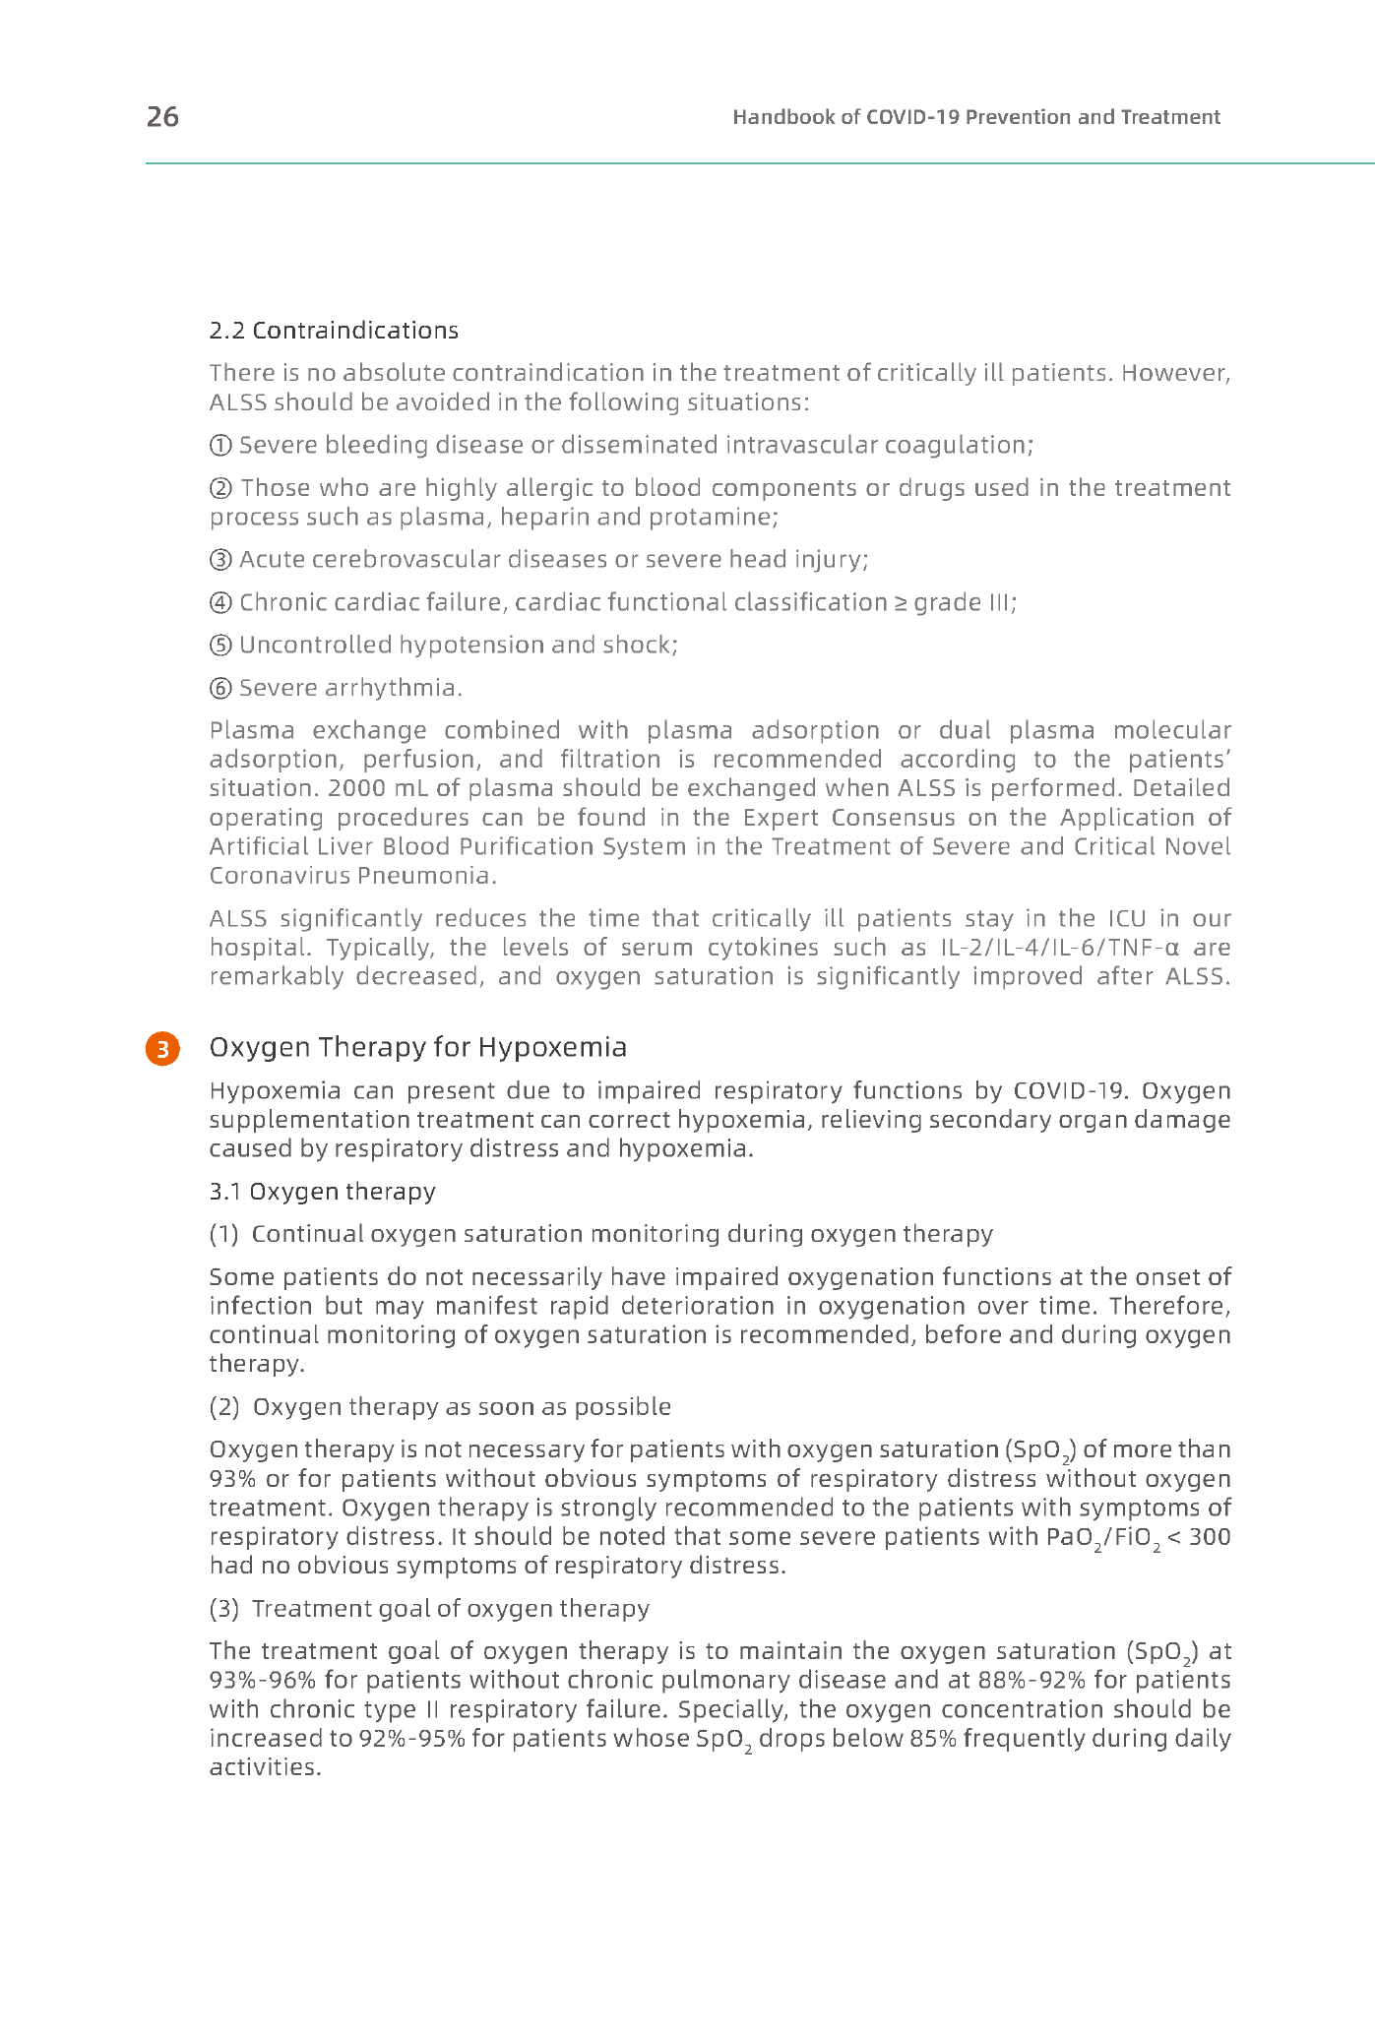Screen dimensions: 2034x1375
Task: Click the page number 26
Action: click(x=162, y=117)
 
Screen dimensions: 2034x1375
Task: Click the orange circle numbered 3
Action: click(x=162, y=1048)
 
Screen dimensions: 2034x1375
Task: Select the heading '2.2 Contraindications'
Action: click(x=334, y=331)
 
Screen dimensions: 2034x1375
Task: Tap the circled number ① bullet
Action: click(x=221, y=446)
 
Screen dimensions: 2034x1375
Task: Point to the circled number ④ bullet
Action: click(x=221, y=602)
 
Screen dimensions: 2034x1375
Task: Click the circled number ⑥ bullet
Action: click(x=221, y=688)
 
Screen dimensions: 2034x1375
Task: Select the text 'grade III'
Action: click(x=964, y=602)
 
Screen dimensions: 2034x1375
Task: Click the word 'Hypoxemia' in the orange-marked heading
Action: click(x=552, y=1047)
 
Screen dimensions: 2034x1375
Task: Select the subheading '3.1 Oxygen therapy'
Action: click(x=322, y=1192)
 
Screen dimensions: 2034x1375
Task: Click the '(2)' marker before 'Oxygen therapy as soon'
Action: click(x=224, y=1407)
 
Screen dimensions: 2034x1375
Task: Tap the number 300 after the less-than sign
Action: click(x=1210, y=1537)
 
